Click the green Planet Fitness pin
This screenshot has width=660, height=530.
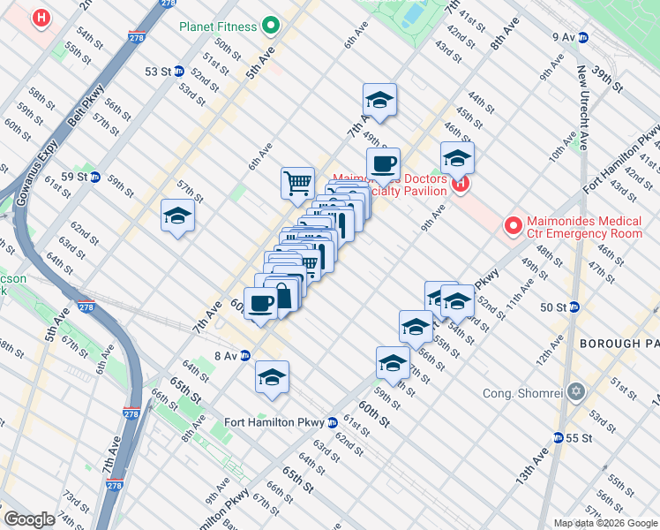(272, 26)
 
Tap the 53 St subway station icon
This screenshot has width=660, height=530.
(179, 71)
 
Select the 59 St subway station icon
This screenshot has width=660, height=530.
(94, 177)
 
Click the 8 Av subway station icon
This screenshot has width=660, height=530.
(245, 355)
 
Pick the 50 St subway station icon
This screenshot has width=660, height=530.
(574, 307)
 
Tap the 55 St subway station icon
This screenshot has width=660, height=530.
(558, 437)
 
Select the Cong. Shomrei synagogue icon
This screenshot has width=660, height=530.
(577, 391)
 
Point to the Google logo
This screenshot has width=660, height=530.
(30, 519)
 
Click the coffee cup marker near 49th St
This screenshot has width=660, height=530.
(384, 164)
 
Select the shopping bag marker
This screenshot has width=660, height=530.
(282, 296)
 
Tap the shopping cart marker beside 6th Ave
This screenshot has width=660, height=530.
(298, 183)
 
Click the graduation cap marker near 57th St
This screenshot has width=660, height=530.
(177, 216)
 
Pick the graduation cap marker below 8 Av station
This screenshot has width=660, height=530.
(273, 377)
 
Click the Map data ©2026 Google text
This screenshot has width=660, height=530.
(604, 523)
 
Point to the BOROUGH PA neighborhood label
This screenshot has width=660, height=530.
(619, 342)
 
